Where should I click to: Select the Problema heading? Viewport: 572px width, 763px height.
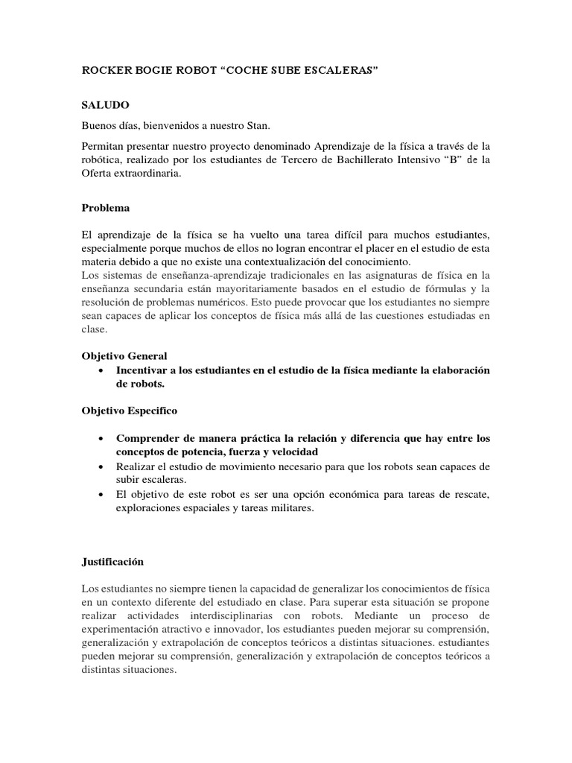click(x=105, y=208)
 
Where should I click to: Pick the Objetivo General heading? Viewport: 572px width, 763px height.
click(x=124, y=356)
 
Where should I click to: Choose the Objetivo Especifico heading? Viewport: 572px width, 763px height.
click(x=129, y=411)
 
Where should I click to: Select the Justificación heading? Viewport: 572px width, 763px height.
click(x=112, y=562)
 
